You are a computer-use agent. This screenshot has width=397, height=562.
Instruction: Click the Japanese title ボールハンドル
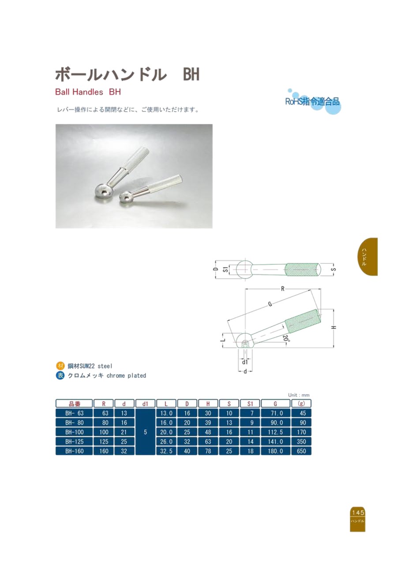pos(111,75)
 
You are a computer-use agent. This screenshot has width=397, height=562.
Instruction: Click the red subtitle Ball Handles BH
pos(88,92)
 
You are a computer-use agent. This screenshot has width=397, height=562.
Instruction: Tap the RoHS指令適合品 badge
pos(313,102)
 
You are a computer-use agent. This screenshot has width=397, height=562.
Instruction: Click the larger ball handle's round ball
pos(105,191)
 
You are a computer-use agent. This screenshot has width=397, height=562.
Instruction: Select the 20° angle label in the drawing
pos(286,340)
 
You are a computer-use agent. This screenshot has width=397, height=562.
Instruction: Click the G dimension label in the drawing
pos(270,304)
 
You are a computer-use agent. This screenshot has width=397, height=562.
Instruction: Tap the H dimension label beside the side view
pos(333,327)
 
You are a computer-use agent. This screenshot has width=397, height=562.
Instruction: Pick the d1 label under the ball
pos(245,362)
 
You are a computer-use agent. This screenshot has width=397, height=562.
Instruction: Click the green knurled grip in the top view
pos(302,270)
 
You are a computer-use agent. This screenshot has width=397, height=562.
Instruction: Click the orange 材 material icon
pos(60,366)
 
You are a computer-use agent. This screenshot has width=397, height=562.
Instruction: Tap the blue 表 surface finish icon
pos(60,376)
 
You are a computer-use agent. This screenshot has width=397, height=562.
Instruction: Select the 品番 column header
pos(74,403)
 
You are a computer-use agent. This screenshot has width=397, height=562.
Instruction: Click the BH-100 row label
pos(74,432)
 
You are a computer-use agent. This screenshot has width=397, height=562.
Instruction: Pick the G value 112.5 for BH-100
pos(276,432)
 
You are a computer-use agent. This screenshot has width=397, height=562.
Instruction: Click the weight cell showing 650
pos(301,451)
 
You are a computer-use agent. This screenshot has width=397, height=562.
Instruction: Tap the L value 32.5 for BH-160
pos(166,451)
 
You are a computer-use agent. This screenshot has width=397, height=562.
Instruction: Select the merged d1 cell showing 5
pos(145,432)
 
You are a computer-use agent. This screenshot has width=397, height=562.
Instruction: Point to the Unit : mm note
pos(299,395)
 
